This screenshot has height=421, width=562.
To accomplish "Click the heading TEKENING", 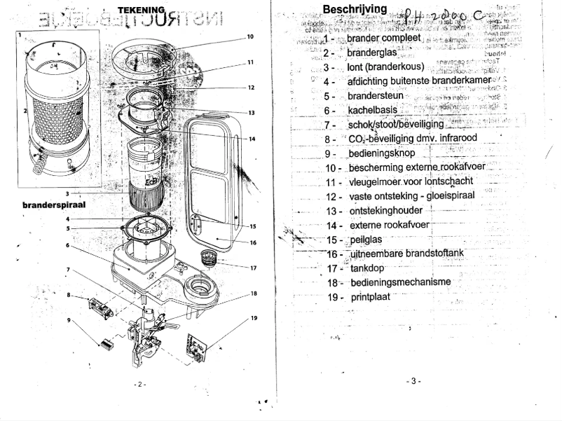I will [141, 9].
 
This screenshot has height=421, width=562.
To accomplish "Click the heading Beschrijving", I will [353, 9].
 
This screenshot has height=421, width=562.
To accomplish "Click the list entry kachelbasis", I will [372, 110].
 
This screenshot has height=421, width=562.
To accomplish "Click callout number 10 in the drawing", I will [250, 36].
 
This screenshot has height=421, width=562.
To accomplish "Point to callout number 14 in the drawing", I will [252, 139].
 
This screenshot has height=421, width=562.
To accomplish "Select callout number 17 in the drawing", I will [253, 268].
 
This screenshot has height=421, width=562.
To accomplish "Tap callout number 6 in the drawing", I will [67, 246].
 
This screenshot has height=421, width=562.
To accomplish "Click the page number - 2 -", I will [139, 385].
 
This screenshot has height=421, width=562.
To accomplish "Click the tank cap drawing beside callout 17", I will [209, 257].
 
